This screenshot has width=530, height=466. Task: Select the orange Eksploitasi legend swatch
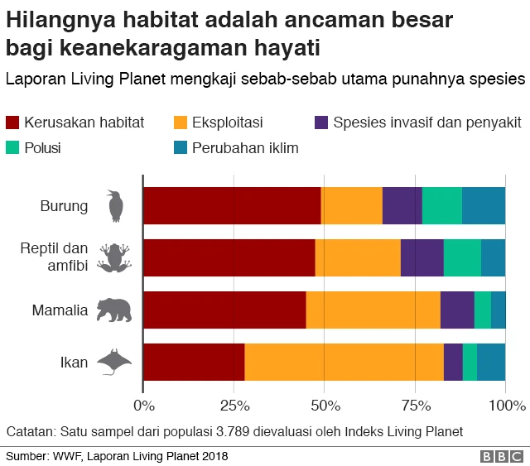tap(180, 123)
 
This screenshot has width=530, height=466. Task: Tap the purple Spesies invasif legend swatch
tap(323, 123)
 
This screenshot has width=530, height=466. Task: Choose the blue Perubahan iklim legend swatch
tap(180, 148)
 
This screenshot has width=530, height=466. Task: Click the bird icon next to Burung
tap(115, 206)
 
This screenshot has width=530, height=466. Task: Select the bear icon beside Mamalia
tap(114, 310)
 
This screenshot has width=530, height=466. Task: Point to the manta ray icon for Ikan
tap(114, 362)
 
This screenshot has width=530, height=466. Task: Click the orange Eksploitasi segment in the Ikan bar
tap(344, 362)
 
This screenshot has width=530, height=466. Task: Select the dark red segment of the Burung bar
tap(232, 206)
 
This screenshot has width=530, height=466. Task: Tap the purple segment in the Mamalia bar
tap(457, 310)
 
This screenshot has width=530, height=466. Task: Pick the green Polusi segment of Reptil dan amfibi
tap(462, 257)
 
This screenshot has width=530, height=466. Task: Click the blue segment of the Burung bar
tap(484, 206)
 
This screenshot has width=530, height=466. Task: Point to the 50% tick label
tap(325, 406)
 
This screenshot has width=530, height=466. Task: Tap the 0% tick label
tap(144, 406)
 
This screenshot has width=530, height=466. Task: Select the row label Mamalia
tap(60, 311)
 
